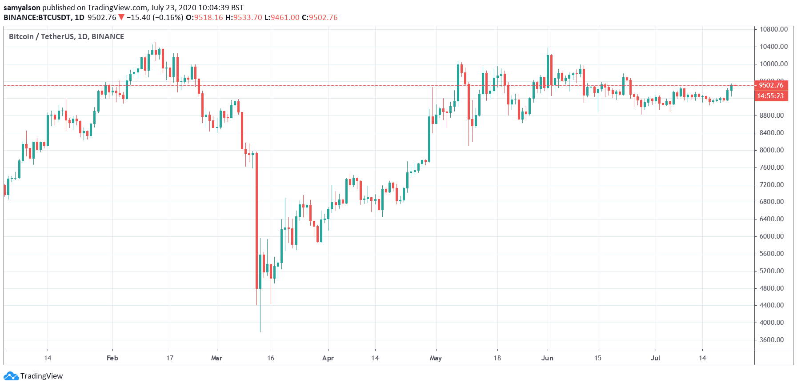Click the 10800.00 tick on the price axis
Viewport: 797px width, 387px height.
click(x=773, y=29)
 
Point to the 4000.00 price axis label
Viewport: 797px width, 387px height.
click(x=772, y=323)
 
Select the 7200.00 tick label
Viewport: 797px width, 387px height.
click(x=772, y=185)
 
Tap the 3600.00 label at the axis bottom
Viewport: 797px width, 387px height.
click(x=772, y=340)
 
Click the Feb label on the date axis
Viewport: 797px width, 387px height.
click(x=112, y=358)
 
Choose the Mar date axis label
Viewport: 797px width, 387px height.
click(x=216, y=358)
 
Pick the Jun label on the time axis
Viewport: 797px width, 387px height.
click(x=547, y=358)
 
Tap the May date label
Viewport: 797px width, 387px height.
click(x=436, y=358)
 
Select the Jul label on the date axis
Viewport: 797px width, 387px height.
click(x=655, y=358)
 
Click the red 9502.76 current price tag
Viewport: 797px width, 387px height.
click(x=771, y=85)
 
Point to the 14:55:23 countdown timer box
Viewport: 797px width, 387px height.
click(x=771, y=96)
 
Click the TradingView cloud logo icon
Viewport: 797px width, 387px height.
click(x=11, y=376)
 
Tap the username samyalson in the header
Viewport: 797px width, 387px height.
click(x=22, y=8)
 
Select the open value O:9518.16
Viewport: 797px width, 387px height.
click(x=204, y=17)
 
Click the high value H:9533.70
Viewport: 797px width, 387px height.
click(x=244, y=17)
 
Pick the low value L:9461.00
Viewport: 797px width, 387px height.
click(x=282, y=17)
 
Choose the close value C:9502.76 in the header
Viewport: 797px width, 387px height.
click(x=320, y=17)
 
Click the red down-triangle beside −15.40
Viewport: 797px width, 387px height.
click(x=121, y=17)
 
